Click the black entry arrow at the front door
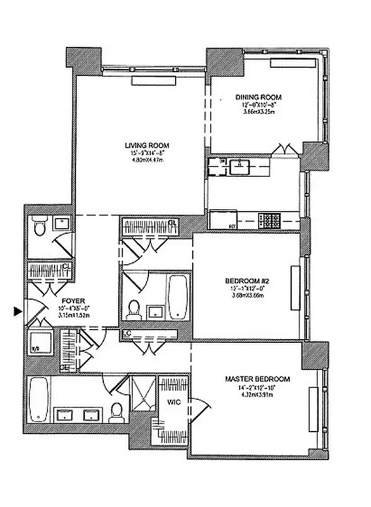tap(16, 311)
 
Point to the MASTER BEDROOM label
tap(257, 379)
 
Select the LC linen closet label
tap(127, 332)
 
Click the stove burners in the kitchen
tap(272, 221)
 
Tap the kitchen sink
tap(240, 167)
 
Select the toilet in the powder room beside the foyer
tap(39, 226)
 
